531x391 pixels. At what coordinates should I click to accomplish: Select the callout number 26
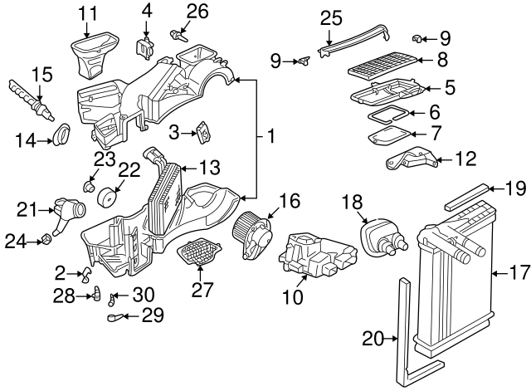(197, 11)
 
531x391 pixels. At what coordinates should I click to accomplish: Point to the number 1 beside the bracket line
(270, 134)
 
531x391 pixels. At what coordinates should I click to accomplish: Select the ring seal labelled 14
(61, 134)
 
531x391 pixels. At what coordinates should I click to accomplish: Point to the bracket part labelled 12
(411, 160)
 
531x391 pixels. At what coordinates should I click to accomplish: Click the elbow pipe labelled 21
(65, 215)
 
